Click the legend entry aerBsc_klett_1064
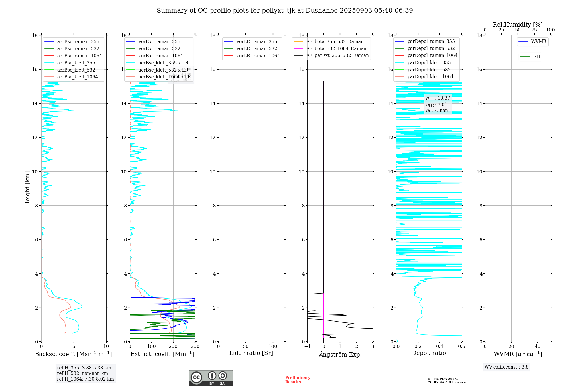pos(77,77)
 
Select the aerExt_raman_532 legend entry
pos(159,49)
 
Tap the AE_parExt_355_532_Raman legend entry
pos(337,56)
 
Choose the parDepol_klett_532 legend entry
pos(429,70)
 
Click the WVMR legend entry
pos(538,41)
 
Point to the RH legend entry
pos(536,57)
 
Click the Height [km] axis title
pos(27,188)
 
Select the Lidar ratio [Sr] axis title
pos(251,353)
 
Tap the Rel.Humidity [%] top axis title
pos(518,25)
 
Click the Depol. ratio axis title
pos(429,353)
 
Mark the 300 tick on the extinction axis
pos(195,347)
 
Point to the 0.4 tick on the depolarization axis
pos(440,347)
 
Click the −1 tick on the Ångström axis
pos(307,347)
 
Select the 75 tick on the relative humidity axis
pos(534,30)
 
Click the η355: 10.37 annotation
pos(438,98)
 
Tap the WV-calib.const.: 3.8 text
pos(506,367)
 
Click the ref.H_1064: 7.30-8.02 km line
pos(85,379)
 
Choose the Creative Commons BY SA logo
pos(211,378)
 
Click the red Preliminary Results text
pos(298,380)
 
